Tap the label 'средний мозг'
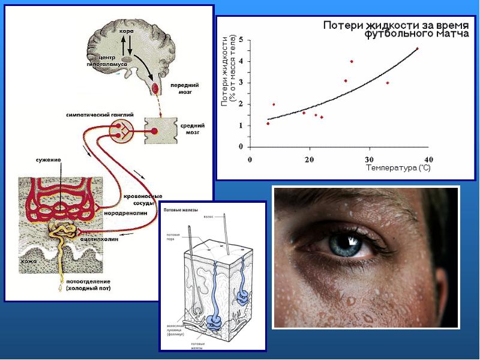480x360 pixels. [193, 129]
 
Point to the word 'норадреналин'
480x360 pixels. [139, 212]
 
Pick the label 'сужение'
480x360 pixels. [48, 161]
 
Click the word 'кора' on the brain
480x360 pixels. [126, 30]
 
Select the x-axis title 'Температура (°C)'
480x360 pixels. [398, 169]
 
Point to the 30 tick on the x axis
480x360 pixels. [369, 159]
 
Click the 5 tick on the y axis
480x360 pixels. [241, 40]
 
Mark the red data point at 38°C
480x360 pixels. [417, 49]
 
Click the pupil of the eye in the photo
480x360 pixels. [346, 242]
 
